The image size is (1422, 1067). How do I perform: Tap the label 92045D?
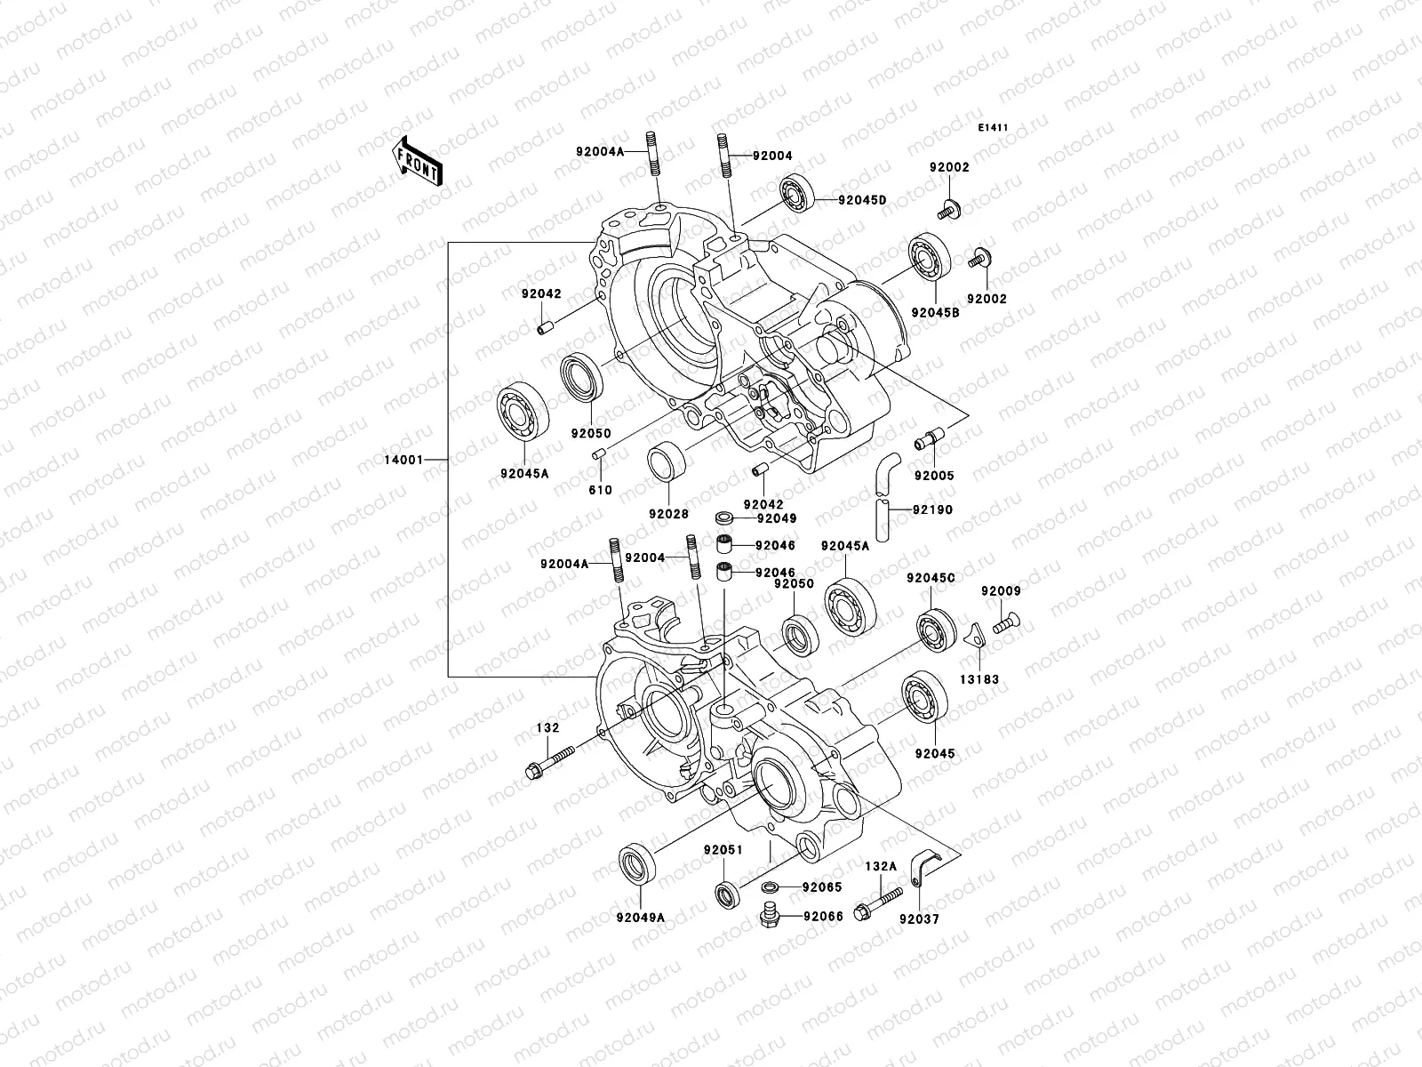click(861, 200)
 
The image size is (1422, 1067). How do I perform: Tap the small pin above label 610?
click(600, 456)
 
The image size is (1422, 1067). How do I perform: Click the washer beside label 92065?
click(771, 887)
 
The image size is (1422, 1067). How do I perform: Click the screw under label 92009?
click(1004, 623)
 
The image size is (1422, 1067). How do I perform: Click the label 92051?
click(724, 849)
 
